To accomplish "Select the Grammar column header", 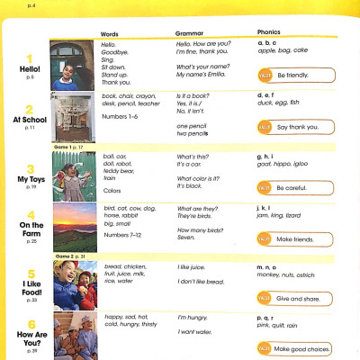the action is click(189, 32).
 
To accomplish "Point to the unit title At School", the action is click(31, 119).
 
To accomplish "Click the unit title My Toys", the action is click(31, 179).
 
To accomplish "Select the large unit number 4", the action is click(31, 215).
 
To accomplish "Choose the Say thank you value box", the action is click(298, 128).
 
